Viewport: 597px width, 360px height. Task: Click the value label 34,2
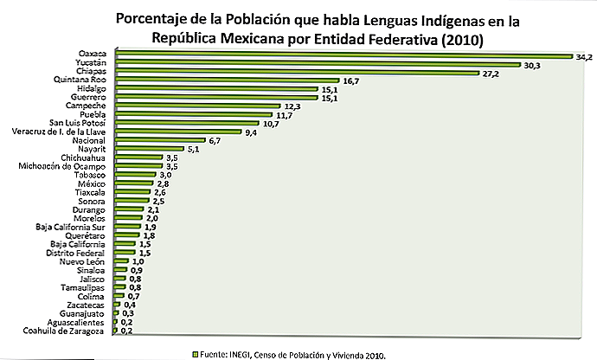pyautogui.click(x=583, y=56)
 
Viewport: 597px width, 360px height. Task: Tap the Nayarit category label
pyautogui.click(x=91, y=149)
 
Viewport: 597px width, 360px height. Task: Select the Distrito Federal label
pyautogui.click(x=75, y=253)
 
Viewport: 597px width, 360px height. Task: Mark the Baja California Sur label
pyautogui.click(x=70, y=227)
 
